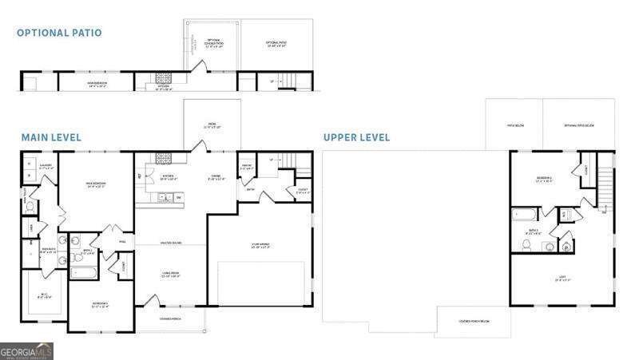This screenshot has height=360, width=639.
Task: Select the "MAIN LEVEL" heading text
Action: (x=51, y=137)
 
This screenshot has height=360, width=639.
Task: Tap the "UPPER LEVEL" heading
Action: (x=357, y=137)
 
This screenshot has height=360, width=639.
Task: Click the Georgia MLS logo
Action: (x=26, y=351)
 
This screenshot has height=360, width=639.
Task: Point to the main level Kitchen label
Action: (x=169, y=177)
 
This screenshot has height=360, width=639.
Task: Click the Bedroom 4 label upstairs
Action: (x=543, y=179)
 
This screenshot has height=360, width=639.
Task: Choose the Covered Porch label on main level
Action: (x=169, y=319)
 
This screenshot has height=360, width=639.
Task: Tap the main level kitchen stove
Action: (x=165, y=158)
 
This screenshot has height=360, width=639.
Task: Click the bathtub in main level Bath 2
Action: (x=82, y=272)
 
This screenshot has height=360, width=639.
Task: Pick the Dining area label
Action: (x=216, y=178)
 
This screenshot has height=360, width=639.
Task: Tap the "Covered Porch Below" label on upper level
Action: (x=473, y=321)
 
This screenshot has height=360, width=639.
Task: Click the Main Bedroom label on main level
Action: (x=96, y=184)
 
